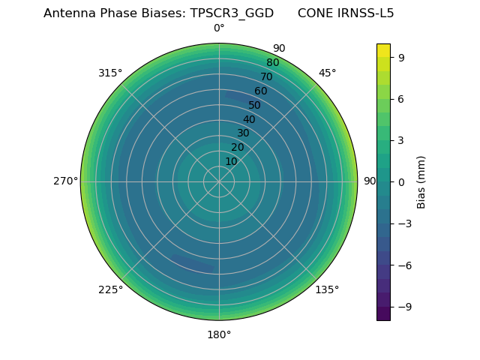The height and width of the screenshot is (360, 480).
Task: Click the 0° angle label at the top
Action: click(x=219, y=28)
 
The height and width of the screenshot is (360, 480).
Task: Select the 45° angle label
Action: click(x=327, y=73)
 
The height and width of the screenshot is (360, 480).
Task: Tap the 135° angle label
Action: click(x=327, y=289)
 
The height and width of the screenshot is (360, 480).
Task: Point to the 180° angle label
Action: click(x=219, y=334)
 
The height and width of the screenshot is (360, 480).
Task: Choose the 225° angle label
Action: click(x=110, y=289)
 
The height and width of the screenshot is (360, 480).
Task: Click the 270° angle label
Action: click(x=65, y=181)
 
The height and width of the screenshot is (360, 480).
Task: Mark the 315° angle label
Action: click(x=110, y=73)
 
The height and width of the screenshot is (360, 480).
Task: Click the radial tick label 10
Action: click(x=231, y=162)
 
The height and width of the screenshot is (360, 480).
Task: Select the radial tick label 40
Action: click(x=249, y=120)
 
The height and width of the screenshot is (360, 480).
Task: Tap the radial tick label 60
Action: click(x=260, y=91)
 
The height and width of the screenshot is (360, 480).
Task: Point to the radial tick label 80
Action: click(x=272, y=63)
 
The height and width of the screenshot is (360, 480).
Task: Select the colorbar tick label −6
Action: click(x=402, y=265)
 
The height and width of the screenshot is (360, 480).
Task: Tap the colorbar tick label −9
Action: click(x=402, y=306)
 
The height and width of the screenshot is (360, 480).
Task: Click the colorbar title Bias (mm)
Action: click(x=421, y=181)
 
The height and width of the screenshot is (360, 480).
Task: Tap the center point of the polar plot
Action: click(x=219, y=181)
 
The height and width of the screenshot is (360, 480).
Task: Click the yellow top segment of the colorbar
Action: click(x=383, y=49)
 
